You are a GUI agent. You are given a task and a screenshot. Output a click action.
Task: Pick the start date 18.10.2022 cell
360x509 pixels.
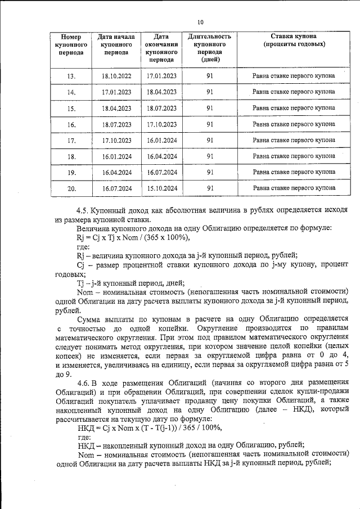pyautogui.click(x=116, y=75)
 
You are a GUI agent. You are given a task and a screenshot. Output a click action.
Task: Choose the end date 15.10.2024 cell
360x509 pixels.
pyautogui.click(x=162, y=188)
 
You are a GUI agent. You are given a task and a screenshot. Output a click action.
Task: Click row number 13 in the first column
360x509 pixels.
pyautogui.click(x=71, y=75)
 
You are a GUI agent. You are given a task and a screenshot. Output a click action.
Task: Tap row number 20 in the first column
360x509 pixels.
pyautogui.click(x=71, y=188)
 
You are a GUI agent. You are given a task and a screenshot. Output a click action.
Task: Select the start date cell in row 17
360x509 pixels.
pyautogui.click(x=116, y=140)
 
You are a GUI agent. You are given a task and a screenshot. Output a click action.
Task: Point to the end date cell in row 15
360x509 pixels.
pyautogui.click(x=162, y=108)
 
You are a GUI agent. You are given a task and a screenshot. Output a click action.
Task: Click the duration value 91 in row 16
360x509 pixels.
pyautogui.click(x=209, y=124)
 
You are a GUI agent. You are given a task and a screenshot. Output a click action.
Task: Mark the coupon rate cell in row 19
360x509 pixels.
pyautogui.click(x=294, y=172)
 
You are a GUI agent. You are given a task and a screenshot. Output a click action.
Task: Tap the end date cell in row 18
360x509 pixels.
pyautogui.click(x=162, y=156)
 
